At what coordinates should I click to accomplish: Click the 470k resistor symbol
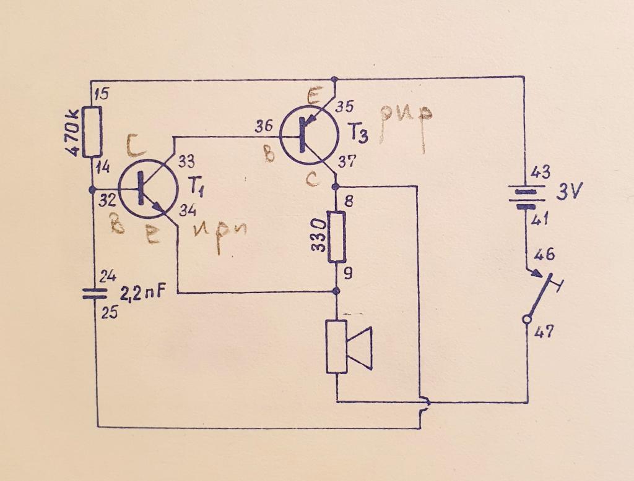pos(92,132)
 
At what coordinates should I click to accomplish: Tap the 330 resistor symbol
pos(336,237)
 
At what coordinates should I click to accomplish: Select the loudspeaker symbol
pos(349,347)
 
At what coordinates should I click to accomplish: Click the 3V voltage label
pos(568,192)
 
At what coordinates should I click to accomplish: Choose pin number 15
pos(102,94)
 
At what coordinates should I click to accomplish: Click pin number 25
pos(109,313)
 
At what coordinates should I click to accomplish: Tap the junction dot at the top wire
pos(335,79)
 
